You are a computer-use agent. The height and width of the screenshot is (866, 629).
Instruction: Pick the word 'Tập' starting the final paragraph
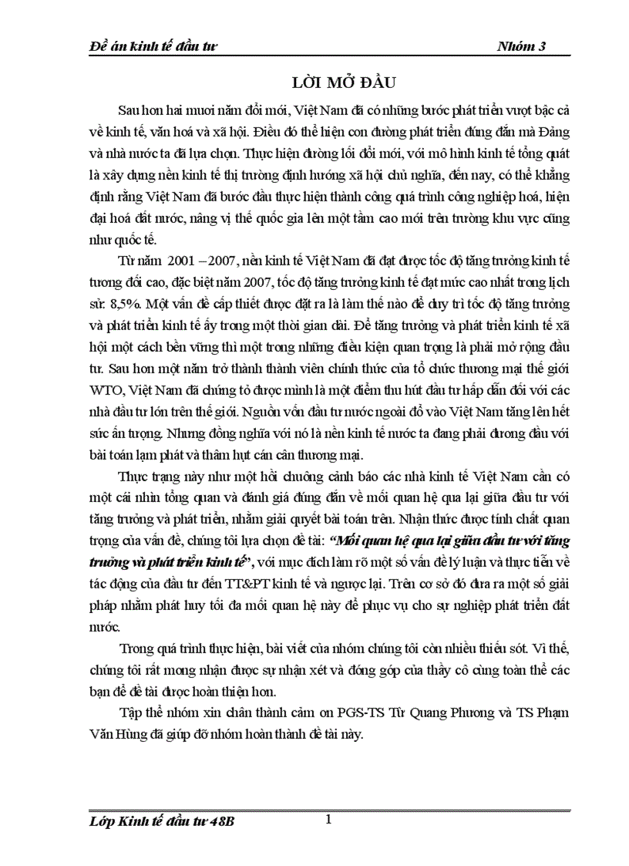click(x=132, y=713)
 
